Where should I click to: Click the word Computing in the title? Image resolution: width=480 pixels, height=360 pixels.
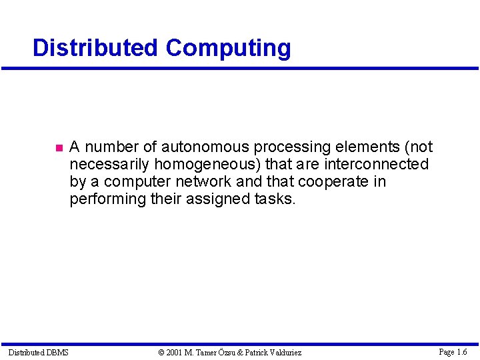tap(228, 49)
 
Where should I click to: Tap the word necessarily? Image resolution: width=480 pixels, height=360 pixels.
tap(110, 164)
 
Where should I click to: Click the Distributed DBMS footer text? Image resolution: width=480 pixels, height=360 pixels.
tap(38, 352)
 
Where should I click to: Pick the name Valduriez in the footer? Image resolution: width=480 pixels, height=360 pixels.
tap(283, 352)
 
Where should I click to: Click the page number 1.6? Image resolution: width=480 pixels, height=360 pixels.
tap(459, 351)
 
